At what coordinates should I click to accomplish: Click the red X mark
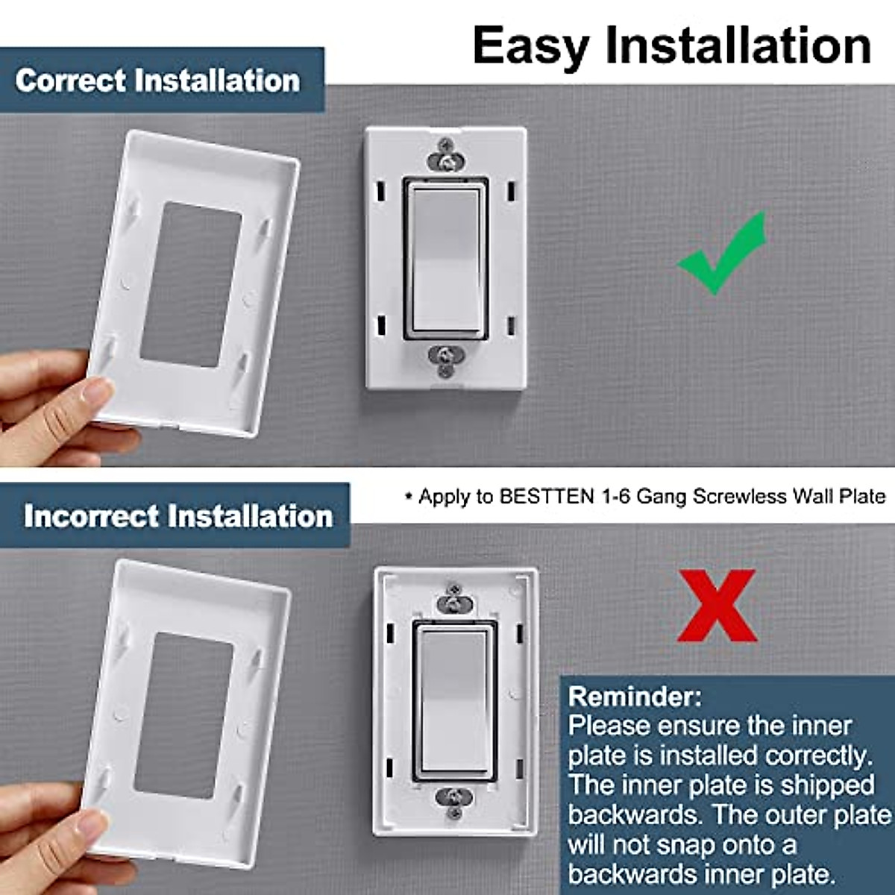(x=717, y=606)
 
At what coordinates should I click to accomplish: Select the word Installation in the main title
(x=738, y=46)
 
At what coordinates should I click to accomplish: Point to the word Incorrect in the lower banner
(x=90, y=516)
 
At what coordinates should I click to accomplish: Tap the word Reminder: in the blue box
(x=635, y=697)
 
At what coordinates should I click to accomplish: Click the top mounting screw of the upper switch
(x=445, y=160)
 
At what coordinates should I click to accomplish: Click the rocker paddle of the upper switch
(x=445, y=259)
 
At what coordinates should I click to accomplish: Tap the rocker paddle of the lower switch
(x=452, y=700)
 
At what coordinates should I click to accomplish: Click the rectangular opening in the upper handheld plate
(x=192, y=284)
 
